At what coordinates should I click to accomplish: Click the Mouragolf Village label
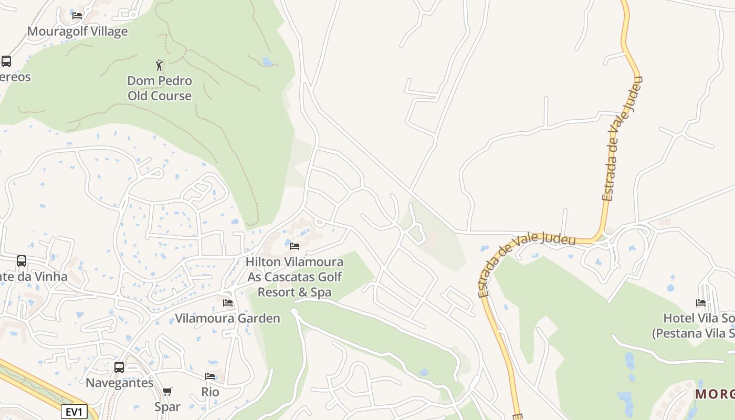(x=77, y=31)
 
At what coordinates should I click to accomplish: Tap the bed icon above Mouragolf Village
(x=77, y=15)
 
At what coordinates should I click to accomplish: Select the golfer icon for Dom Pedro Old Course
(x=160, y=65)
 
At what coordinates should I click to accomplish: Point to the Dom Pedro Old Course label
(x=160, y=88)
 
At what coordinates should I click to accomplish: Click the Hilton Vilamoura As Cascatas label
(x=295, y=277)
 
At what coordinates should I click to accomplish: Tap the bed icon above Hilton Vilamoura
(x=295, y=246)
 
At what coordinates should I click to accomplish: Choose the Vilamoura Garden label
(x=227, y=318)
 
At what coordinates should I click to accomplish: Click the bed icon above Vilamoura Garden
(x=228, y=303)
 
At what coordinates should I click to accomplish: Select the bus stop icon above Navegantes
(x=119, y=367)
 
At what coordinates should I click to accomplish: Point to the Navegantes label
(x=120, y=383)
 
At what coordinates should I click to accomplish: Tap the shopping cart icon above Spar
(x=167, y=391)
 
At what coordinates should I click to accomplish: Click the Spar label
(x=167, y=406)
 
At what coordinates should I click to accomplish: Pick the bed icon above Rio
(x=210, y=376)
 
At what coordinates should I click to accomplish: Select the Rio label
(x=210, y=392)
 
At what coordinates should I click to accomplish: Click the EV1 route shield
(x=74, y=412)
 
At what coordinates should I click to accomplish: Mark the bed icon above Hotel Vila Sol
(x=701, y=303)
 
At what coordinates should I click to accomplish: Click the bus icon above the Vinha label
(x=22, y=261)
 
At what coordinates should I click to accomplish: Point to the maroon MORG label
(x=715, y=394)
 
